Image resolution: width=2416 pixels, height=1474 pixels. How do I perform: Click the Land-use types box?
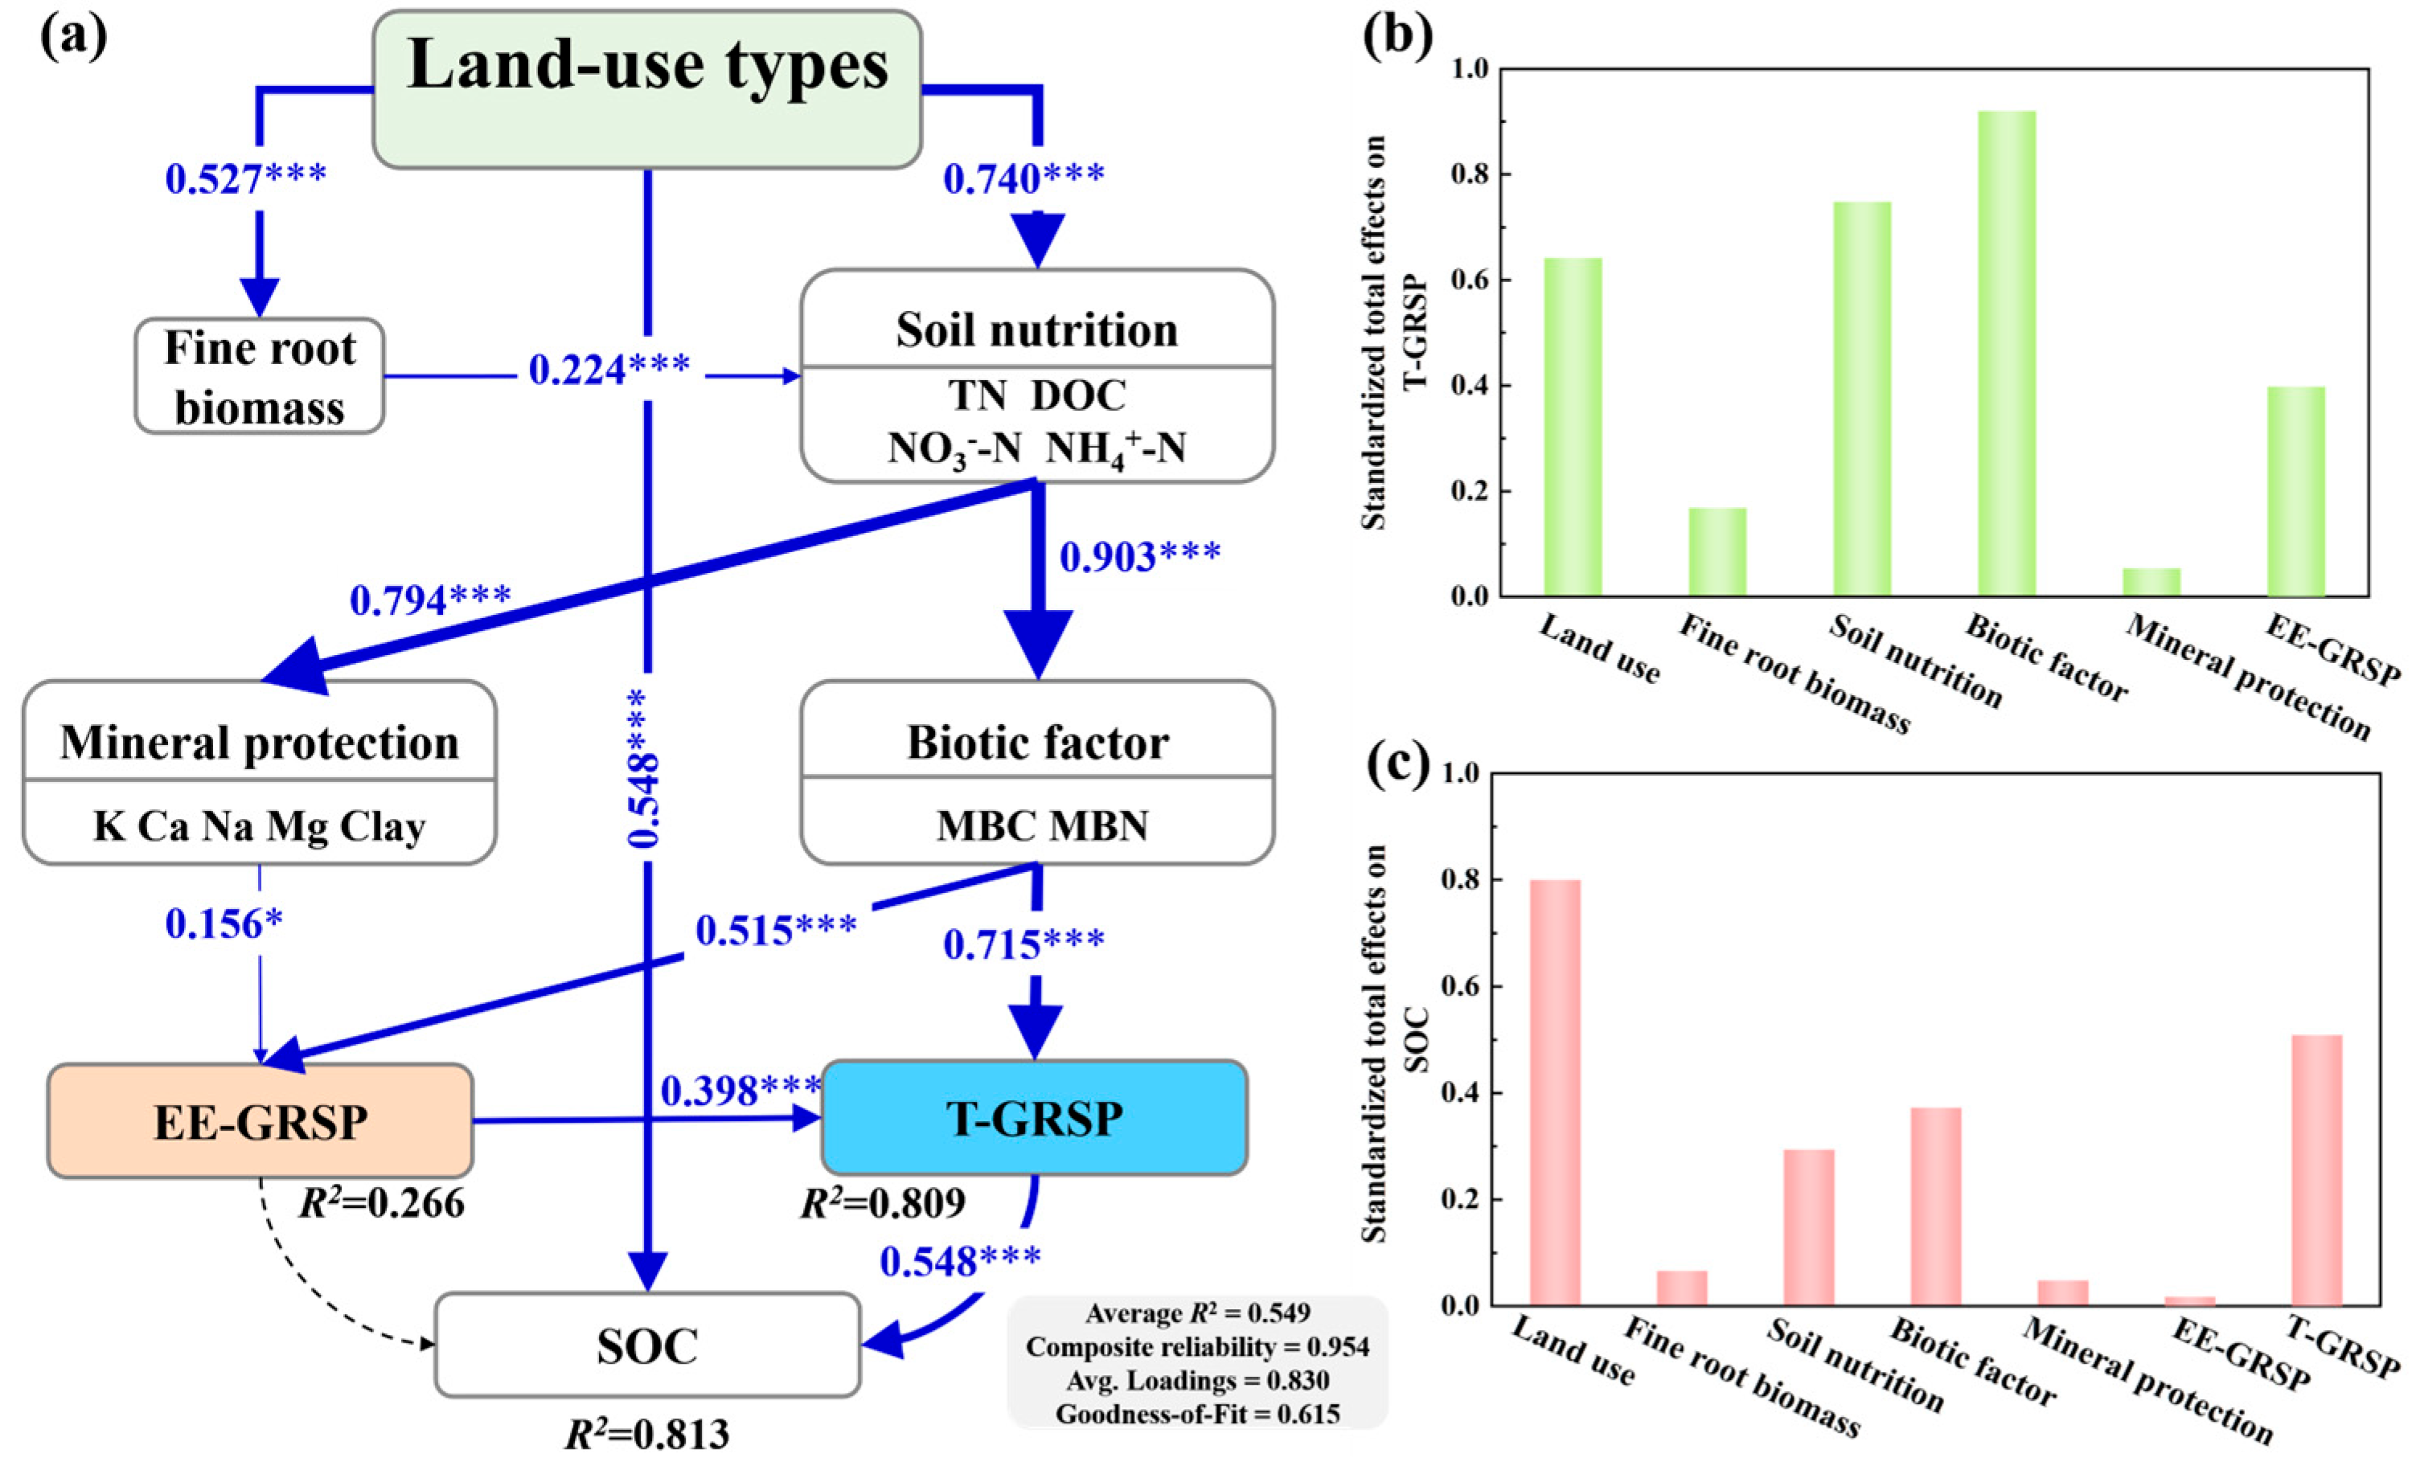coord(647,88)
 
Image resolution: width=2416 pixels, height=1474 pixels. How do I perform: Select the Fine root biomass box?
coord(259,376)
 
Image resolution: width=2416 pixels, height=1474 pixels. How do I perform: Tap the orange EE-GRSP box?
coord(260,1121)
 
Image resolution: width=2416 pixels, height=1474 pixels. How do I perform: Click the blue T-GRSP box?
coord(1035,1118)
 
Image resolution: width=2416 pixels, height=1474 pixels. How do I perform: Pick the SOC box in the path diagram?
coord(647,1345)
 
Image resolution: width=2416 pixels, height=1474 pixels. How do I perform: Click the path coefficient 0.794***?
coord(430,600)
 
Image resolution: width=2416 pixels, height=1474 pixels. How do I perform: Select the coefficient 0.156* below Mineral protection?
coord(224,923)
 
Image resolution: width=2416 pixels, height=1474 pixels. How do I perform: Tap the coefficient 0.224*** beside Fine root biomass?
coord(609,370)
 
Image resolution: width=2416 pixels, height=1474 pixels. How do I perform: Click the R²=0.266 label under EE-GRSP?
coord(383,1203)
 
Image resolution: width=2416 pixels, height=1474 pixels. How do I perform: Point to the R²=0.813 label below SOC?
coord(647,1435)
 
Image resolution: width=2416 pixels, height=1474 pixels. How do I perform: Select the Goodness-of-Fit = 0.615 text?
coord(1197,1413)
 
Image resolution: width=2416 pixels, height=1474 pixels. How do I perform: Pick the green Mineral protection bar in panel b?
coord(2151,582)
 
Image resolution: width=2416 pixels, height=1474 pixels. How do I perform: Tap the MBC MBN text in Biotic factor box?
coord(1041,825)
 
